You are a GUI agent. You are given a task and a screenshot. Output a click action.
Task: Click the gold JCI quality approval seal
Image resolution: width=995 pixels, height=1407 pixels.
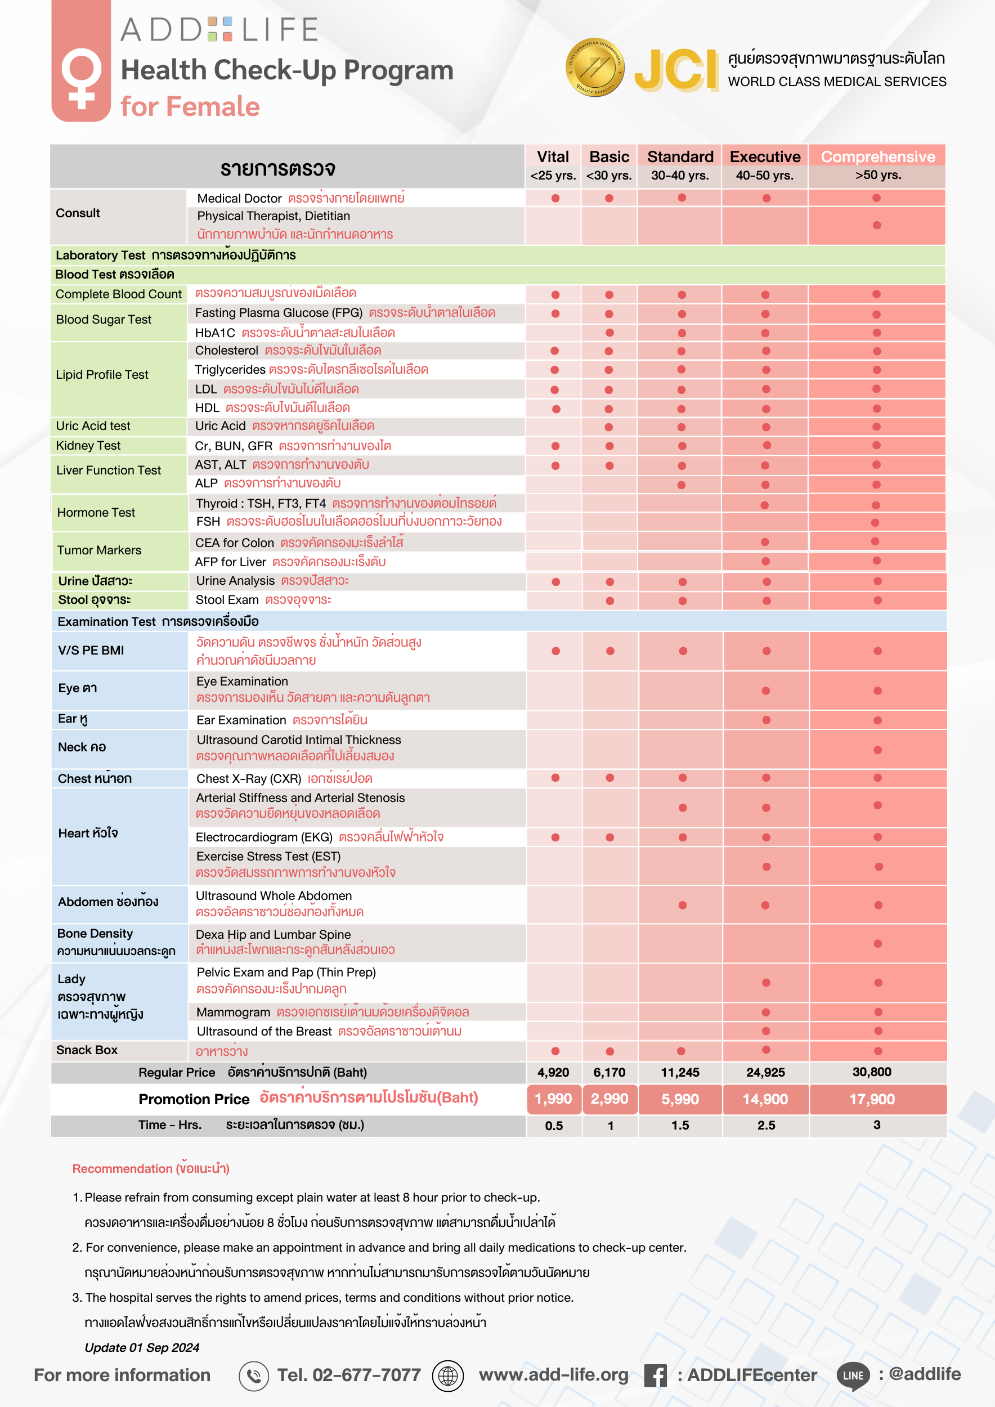[x=594, y=68]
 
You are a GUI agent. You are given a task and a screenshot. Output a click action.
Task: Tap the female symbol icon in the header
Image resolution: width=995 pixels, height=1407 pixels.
[x=81, y=78]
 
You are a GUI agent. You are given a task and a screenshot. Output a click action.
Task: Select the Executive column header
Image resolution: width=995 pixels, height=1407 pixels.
[x=765, y=158]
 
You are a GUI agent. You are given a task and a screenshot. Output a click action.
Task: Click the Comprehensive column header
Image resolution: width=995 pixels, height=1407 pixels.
[x=877, y=158]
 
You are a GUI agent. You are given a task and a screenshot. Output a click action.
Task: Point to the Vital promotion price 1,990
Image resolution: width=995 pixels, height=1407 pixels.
[x=553, y=1099]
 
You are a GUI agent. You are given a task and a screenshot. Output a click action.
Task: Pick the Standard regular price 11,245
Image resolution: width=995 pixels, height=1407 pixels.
[x=679, y=1072]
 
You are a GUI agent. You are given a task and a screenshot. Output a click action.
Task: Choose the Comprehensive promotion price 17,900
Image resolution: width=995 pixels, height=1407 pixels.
[x=871, y=1099]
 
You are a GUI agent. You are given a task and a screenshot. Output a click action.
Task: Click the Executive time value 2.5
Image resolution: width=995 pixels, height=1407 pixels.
[x=766, y=1125]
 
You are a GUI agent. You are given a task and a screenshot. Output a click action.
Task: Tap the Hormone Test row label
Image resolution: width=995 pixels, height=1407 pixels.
[x=96, y=512]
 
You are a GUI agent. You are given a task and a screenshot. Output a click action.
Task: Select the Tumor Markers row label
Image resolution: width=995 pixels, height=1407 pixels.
[x=99, y=550]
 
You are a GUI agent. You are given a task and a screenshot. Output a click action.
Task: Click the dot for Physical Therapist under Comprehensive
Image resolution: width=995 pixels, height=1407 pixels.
[x=877, y=225]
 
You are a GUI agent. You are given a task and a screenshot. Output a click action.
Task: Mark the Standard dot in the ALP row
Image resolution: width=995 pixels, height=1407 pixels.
[x=682, y=485]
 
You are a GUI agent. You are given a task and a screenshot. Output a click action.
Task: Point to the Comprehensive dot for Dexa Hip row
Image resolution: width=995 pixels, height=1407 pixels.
[x=877, y=943]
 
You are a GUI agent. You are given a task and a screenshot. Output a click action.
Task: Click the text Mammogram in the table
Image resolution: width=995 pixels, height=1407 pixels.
[x=234, y=1012]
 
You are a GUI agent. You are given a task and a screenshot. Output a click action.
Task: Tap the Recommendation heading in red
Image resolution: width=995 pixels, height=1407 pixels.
[x=151, y=1168]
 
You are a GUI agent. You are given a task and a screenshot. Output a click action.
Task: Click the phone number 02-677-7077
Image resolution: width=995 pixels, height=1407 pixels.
[x=348, y=1375]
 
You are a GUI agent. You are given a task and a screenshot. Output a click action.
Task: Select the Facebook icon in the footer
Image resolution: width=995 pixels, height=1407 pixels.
[x=655, y=1375]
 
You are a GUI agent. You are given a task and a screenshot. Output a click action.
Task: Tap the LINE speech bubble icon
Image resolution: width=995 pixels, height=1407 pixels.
[x=853, y=1375]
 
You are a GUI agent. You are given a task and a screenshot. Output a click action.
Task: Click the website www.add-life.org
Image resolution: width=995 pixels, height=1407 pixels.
[x=553, y=1375]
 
